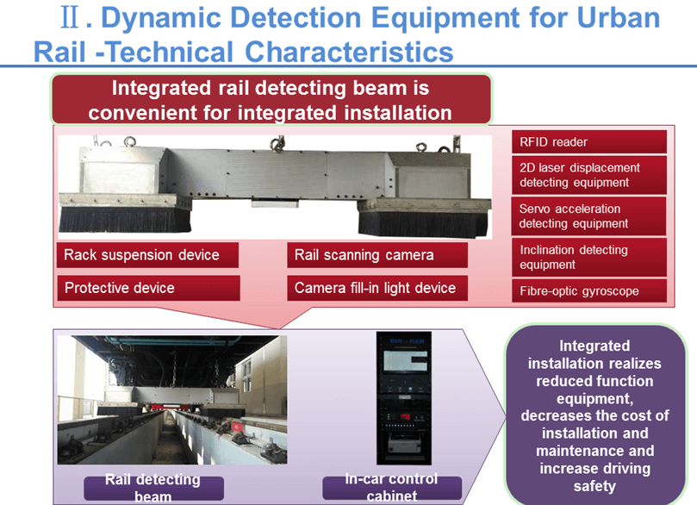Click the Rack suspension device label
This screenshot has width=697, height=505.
(142, 255)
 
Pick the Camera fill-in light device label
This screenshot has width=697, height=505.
(377, 288)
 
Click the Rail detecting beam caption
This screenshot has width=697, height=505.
(152, 488)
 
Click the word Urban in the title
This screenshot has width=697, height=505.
(611, 19)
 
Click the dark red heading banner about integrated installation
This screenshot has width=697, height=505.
(271, 100)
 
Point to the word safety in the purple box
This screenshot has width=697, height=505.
(594, 486)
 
